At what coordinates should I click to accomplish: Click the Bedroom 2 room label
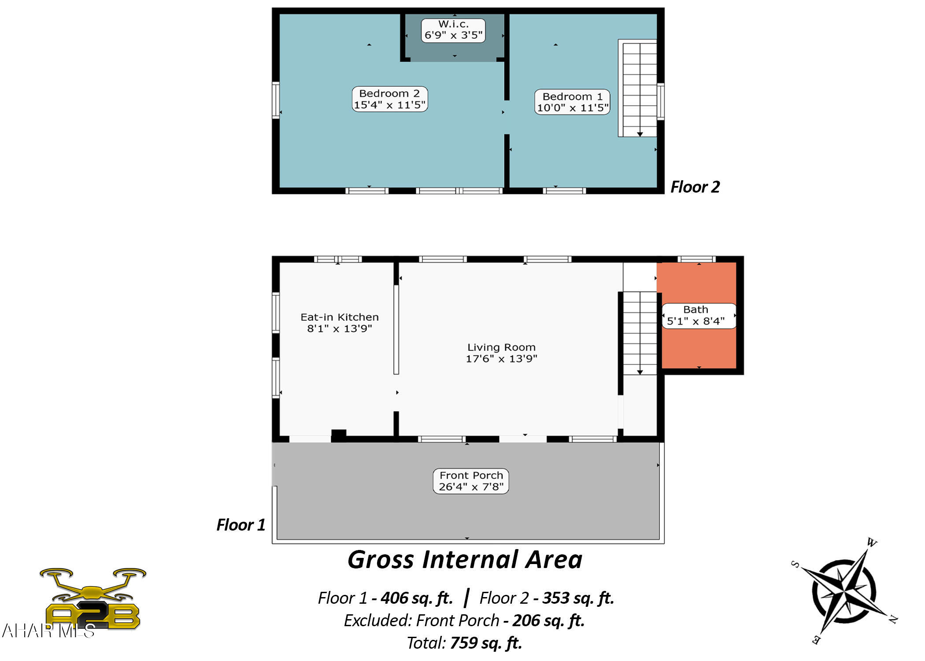[x=390, y=99]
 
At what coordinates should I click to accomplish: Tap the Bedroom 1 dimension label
[x=572, y=102]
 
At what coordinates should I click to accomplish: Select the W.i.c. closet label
[x=453, y=30]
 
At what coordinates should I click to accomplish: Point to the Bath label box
[x=699, y=316]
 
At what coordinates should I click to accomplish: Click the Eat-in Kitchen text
[x=340, y=323]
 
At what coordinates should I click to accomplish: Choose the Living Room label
[x=501, y=353]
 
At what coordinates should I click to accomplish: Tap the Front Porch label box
[x=471, y=481]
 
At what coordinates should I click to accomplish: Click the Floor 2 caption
[x=695, y=187]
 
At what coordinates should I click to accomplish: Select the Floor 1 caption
[x=241, y=525]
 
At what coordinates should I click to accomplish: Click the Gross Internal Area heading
[x=465, y=560]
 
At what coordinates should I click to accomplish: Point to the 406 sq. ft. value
[x=417, y=598]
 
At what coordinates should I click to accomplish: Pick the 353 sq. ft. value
[x=578, y=598]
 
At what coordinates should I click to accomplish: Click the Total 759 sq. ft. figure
[x=464, y=643]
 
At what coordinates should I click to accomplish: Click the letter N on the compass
[x=893, y=620]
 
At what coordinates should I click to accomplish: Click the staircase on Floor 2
[x=637, y=88]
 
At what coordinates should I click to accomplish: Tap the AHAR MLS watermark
[x=48, y=631]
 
